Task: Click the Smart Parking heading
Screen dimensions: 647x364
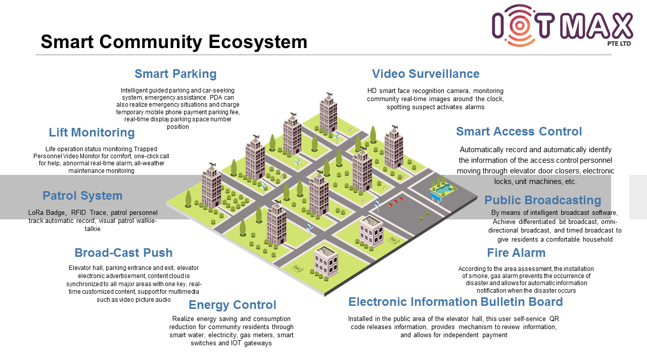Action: coord(175,74)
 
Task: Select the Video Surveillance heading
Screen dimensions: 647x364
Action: coord(426,74)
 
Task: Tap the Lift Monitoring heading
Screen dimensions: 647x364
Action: coord(91,132)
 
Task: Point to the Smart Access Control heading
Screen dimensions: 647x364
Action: coord(519,131)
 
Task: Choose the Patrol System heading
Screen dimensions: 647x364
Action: coord(82,196)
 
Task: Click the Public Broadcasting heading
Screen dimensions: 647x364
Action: coord(542,200)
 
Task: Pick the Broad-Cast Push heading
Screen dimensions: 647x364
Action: coord(123,253)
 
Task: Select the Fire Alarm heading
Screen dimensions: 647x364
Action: coord(516,253)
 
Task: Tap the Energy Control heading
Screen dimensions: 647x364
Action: coord(232,305)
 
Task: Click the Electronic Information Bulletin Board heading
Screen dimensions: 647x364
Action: coord(455,302)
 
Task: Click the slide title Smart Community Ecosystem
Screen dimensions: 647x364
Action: coord(174,41)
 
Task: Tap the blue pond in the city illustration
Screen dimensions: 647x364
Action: coord(442,189)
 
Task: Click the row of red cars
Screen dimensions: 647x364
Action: coord(396,202)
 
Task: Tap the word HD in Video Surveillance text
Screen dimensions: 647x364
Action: coord(372,91)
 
